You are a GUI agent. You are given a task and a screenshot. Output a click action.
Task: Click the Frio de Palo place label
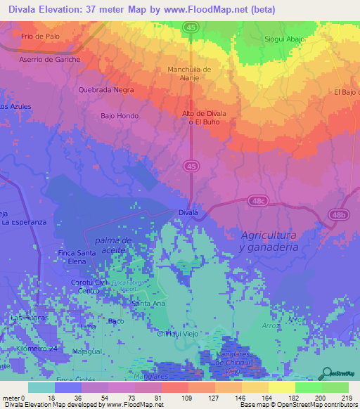41,35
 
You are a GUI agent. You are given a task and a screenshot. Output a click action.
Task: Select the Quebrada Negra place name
106,90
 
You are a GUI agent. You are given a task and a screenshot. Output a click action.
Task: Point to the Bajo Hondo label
120,116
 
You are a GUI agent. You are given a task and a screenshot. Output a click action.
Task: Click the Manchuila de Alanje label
189,74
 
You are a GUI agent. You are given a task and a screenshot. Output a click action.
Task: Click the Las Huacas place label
28,318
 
